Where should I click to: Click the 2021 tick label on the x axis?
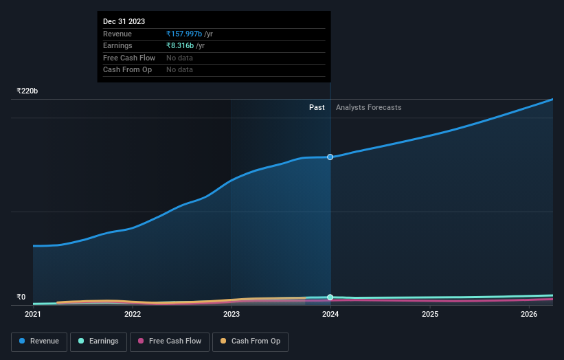[33, 315]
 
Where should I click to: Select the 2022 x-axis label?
[133, 315]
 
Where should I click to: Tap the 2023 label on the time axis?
[232, 315]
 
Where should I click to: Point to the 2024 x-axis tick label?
[330, 315]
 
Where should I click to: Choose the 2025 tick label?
[430, 315]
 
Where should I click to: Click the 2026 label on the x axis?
[529, 315]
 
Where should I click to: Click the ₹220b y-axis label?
[27, 91]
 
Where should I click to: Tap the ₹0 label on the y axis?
[21, 297]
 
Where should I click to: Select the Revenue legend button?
[39, 341]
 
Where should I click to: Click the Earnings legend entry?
[98, 341]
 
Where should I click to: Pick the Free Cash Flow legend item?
[169, 341]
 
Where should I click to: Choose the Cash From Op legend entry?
[250, 341]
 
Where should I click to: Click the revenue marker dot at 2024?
[330, 157]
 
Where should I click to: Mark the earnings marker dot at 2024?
[330, 297]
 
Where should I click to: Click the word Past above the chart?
[317, 107]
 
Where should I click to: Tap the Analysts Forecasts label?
[369, 107]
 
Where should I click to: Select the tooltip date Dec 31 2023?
[124, 22]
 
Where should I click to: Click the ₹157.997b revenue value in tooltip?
[184, 34]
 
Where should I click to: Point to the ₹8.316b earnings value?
[180, 46]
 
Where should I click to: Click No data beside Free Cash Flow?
[179, 58]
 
